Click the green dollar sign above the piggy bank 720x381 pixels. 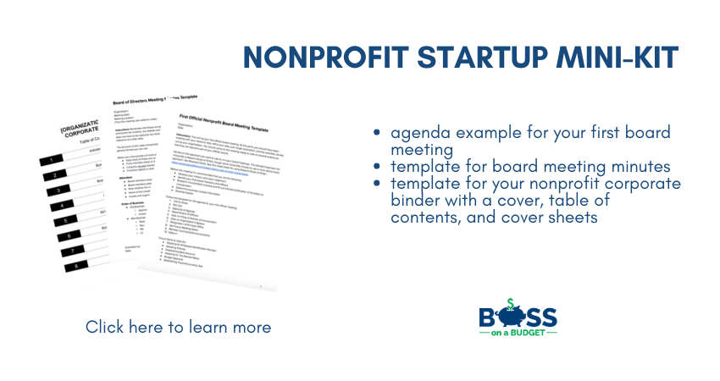510,304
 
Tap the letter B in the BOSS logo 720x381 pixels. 489,317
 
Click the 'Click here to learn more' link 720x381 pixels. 179,327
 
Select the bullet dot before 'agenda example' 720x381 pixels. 378,134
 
